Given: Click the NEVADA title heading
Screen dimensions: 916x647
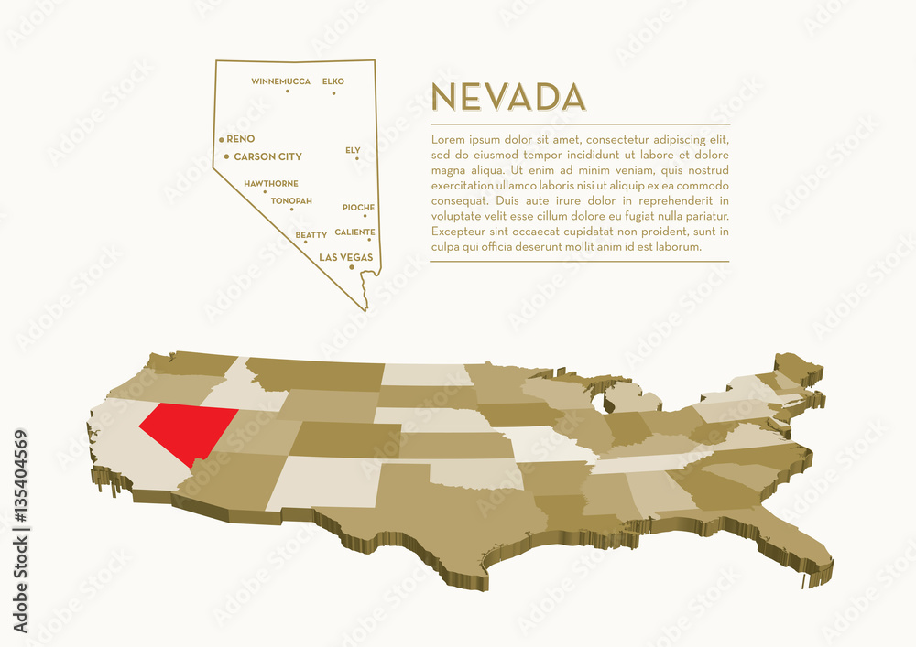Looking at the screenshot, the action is point(507,97).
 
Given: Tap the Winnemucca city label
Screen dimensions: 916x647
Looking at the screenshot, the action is point(280,81).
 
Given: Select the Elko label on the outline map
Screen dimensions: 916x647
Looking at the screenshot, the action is point(333,81).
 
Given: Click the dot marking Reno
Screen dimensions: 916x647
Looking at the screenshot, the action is point(222,139).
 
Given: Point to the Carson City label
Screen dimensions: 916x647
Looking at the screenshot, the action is point(267,156).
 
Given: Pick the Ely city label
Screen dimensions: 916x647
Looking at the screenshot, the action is point(353,149).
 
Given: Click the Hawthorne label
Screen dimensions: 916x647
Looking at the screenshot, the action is point(270,184).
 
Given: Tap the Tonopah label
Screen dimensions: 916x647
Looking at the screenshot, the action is point(291,200).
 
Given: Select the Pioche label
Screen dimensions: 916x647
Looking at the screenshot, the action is point(358,208).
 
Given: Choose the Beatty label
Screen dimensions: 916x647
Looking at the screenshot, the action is point(311,235).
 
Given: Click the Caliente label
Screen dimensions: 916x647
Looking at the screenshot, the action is point(354,232).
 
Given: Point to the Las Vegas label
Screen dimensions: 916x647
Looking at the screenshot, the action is point(345,258).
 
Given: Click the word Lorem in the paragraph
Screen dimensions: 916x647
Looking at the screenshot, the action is point(446,140).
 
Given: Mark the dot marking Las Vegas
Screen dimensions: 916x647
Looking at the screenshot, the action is point(352,267).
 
